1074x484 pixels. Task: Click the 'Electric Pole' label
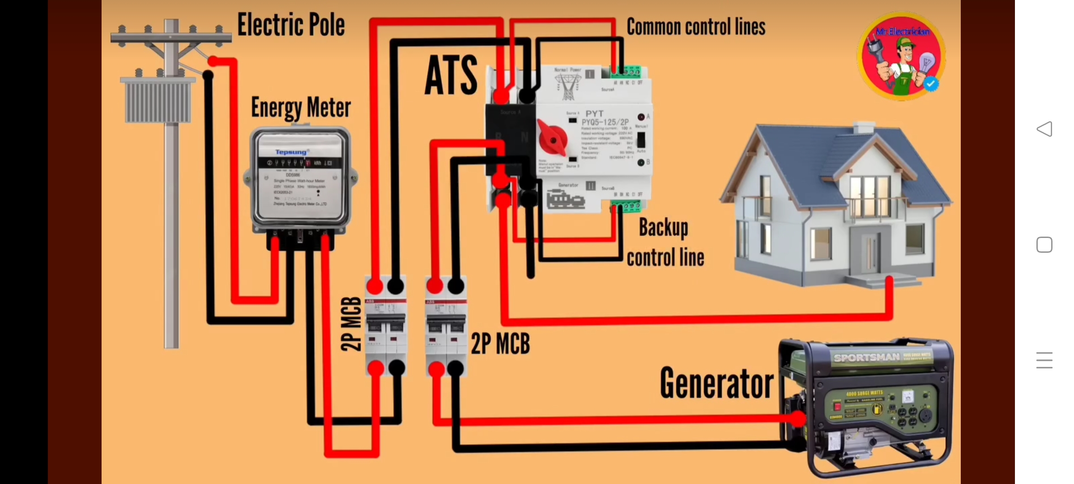(291, 25)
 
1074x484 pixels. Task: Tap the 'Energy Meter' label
(301, 108)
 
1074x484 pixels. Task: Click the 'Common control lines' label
(696, 27)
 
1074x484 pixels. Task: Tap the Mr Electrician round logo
(901, 56)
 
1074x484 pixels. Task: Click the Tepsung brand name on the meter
(291, 152)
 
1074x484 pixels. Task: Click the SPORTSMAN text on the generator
(866, 358)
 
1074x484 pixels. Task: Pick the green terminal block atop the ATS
(626, 72)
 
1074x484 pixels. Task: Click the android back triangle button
(1044, 129)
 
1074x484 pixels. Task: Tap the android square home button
(1044, 245)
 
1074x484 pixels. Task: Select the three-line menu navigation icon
(1044, 360)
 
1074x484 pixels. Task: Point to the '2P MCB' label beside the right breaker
(500, 344)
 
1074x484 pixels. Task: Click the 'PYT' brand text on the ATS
(594, 114)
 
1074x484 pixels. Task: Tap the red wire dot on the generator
(797, 419)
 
